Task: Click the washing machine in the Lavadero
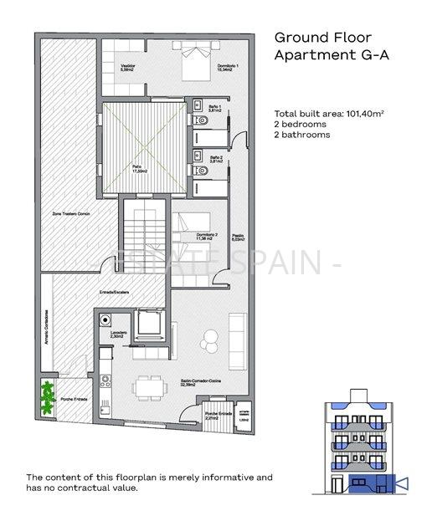point(105,319)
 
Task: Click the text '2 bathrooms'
point(302,135)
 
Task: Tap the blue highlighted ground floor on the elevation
point(368,483)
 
